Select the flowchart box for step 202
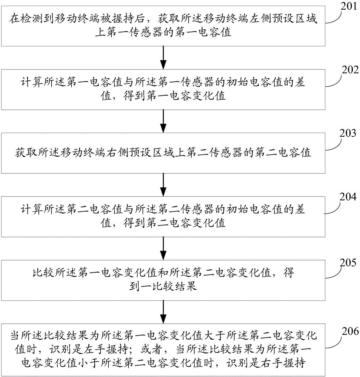point(163,90)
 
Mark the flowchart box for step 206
point(163,349)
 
